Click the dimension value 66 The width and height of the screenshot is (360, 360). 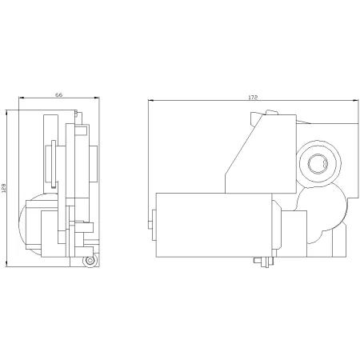(x=59, y=94)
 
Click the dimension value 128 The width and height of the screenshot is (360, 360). (x=3, y=188)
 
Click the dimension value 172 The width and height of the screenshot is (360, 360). (x=253, y=98)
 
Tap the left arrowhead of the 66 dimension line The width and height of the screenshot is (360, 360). (x=22, y=98)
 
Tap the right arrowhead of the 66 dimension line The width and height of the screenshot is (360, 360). (x=97, y=98)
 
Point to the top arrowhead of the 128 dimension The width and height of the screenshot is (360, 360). (x=6, y=112)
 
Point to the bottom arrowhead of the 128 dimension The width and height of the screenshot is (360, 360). (x=6, y=264)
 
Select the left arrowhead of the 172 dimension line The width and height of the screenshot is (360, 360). (x=151, y=101)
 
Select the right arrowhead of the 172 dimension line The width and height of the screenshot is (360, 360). (x=356, y=101)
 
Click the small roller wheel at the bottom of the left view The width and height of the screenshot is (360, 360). (x=90, y=261)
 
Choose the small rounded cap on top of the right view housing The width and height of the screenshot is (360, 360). (x=272, y=112)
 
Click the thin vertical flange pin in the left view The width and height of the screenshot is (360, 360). (x=54, y=163)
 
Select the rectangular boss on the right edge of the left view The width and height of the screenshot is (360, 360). (x=94, y=164)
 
